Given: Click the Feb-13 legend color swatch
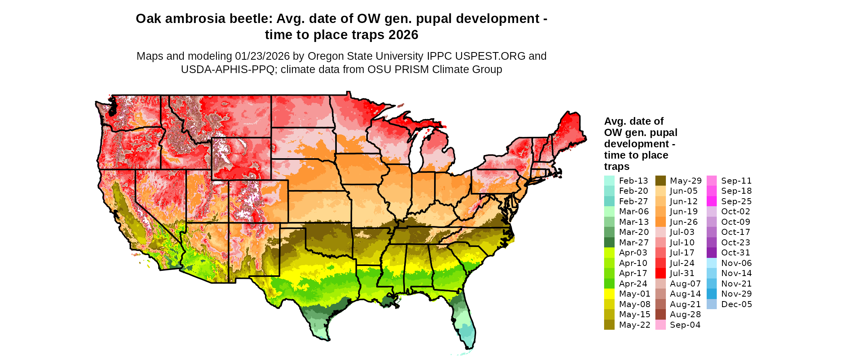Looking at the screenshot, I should pyautogui.click(x=609, y=181).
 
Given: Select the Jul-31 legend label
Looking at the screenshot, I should pyautogui.click(x=682, y=273).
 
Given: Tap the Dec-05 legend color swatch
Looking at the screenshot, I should pyautogui.click(x=712, y=304).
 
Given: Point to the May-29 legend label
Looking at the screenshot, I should pyautogui.click(x=686, y=181).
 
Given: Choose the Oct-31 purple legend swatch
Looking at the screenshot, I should pyautogui.click(x=712, y=253).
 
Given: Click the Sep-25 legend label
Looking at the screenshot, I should pyautogui.click(x=737, y=201).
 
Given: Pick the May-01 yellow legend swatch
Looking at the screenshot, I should pyautogui.click(x=609, y=294).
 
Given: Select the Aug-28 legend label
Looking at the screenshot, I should pyautogui.click(x=685, y=314).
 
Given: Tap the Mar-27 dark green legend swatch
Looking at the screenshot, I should pyautogui.click(x=609, y=243).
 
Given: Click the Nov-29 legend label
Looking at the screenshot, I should pyautogui.click(x=737, y=294).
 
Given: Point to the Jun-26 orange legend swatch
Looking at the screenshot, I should pyautogui.click(x=660, y=222).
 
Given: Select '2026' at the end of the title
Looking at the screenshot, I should pyautogui.click(x=403, y=35).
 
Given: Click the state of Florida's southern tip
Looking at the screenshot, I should pyautogui.click(x=468, y=343).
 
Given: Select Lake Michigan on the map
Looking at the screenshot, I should pyautogui.click(x=417, y=149).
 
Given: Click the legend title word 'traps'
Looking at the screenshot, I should pyautogui.click(x=616, y=167).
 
